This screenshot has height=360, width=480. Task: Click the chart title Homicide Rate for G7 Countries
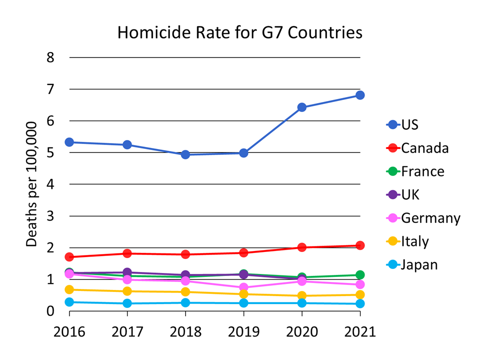click(x=239, y=33)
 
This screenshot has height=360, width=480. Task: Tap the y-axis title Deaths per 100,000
click(x=32, y=184)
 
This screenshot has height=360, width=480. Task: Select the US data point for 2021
click(x=360, y=95)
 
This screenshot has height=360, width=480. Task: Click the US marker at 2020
click(x=302, y=107)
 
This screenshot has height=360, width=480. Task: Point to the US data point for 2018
click(x=185, y=154)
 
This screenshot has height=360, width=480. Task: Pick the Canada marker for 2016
click(x=69, y=257)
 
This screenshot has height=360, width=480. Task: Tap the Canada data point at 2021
click(x=360, y=245)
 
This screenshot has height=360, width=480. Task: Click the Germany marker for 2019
click(x=243, y=287)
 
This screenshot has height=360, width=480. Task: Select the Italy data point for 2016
click(x=69, y=289)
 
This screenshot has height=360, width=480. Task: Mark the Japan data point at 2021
click(x=360, y=303)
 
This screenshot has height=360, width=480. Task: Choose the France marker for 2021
click(x=360, y=275)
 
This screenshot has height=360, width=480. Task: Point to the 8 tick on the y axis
click(x=50, y=57)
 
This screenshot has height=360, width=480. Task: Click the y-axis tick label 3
click(x=50, y=216)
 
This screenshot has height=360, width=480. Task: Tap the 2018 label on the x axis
click(x=185, y=331)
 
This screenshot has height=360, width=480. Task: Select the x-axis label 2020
click(x=302, y=331)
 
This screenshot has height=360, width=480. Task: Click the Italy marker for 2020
click(x=302, y=296)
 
